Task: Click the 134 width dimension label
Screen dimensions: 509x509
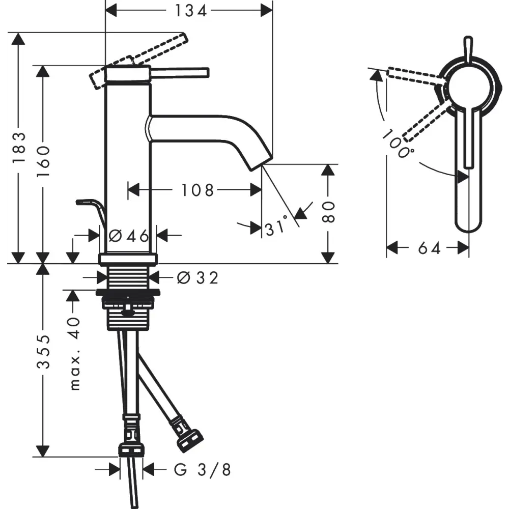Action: click(190, 11)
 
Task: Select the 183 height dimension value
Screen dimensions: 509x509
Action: click(19, 148)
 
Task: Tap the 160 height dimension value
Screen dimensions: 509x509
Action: click(43, 161)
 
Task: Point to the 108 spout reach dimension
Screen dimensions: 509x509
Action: click(197, 190)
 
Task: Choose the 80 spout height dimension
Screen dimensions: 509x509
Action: click(328, 212)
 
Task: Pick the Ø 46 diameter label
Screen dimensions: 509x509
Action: click(129, 236)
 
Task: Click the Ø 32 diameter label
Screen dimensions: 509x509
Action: click(197, 278)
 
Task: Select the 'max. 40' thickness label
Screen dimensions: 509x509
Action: click(75, 354)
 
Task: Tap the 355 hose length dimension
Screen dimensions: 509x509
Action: click(43, 352)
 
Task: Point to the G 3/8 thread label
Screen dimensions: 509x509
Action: click(202, 469)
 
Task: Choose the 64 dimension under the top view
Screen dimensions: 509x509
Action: click(429, 249)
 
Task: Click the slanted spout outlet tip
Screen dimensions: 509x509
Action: click(260, 161)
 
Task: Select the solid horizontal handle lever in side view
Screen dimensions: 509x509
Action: click(179, 73)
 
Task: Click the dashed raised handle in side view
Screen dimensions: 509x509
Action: click(139, 61)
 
